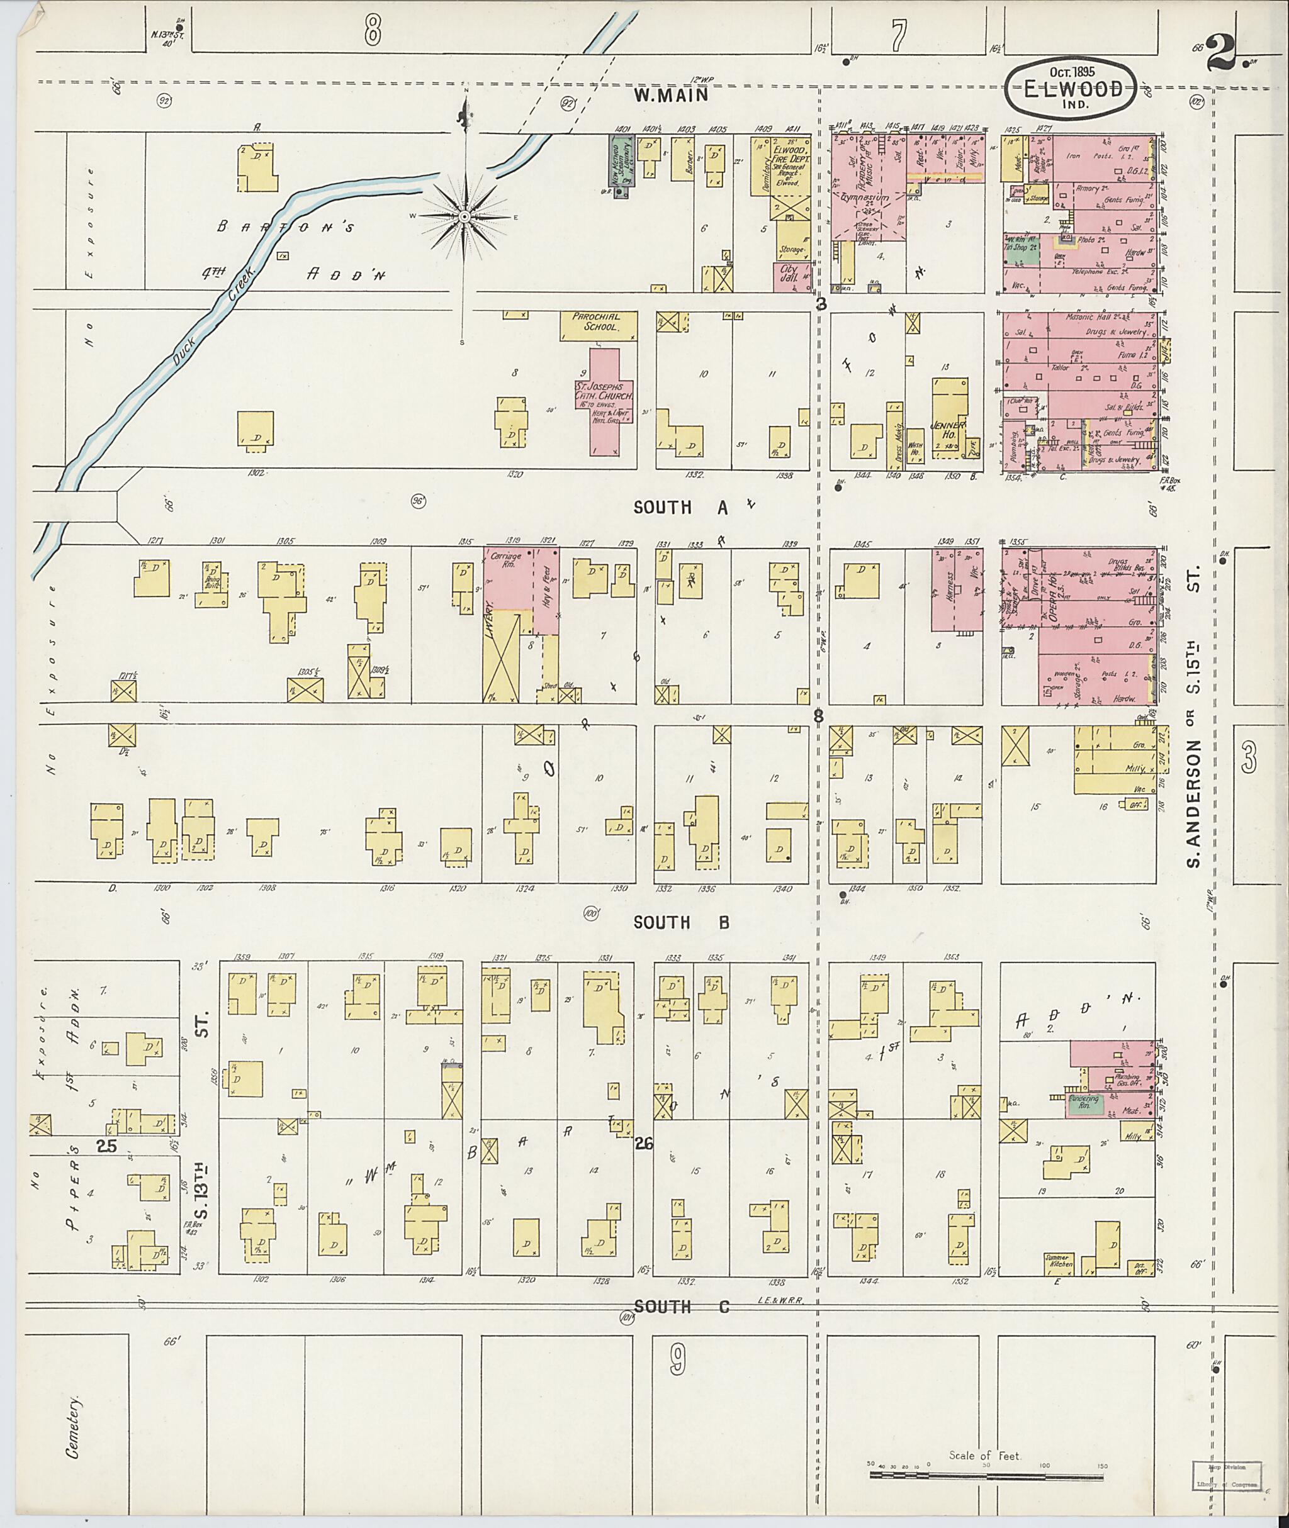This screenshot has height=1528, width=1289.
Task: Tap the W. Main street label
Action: [x=670, y=94]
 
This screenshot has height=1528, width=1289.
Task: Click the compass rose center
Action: [x=464, y=217]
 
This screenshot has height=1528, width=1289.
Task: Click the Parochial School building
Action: [x=599, y=326]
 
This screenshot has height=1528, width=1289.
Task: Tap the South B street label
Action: [x=680, y=922]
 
